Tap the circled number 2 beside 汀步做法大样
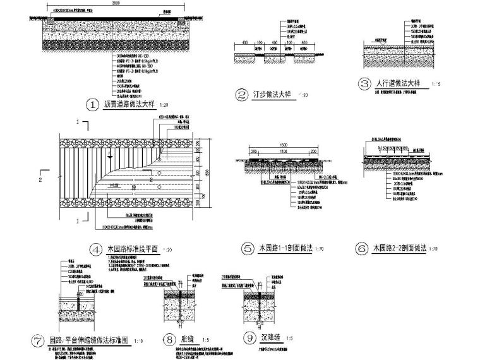pyautogui.click(x=241, y=95)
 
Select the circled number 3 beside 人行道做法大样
pyautogui.click(x=363, y=83)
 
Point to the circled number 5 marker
pyautogui.click(x=248, y=248)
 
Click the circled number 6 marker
pyautogui.click(x=361, y=248)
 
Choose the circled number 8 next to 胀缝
pyautogui.click(x=167, y=339)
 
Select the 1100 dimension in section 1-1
pyautogui.click(x=278, y=152)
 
